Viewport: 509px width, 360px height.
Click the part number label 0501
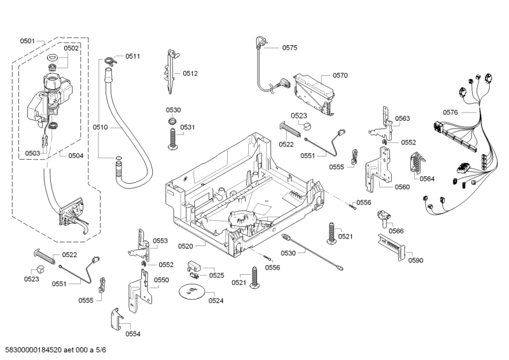coord(27,41)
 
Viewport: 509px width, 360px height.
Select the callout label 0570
coord(340,75)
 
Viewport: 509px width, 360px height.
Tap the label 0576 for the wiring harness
coord(450,113)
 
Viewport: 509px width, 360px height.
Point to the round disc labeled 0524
coord(193,291)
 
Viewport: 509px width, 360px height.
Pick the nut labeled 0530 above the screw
coord(172,121)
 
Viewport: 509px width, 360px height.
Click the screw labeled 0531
coord(172,139)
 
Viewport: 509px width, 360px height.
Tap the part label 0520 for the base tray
coord(185,246)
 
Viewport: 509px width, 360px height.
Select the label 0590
coord(415,260)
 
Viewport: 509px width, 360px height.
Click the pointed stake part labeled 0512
coord(171,71)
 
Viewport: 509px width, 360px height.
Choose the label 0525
coord(216,275)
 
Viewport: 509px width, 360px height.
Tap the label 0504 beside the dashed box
coord(76,156)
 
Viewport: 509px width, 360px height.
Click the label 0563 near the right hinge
coord(402,118)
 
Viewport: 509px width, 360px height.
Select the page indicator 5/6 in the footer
coord(101,350)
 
